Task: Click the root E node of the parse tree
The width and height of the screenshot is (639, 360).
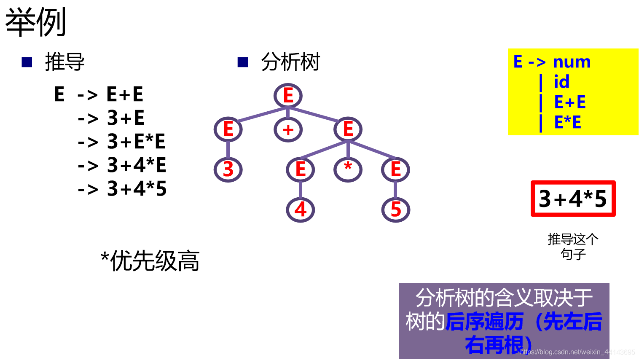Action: tap(288, 96)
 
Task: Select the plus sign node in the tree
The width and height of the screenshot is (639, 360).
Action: tap(288, 129)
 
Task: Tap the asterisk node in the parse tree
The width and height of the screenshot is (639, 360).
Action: tap(348, 169)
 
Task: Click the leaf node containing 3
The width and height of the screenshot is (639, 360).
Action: tap(228, 169)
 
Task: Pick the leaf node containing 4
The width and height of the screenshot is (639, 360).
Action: tap(300, 210)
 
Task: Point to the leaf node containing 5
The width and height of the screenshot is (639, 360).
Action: tap(395, 210)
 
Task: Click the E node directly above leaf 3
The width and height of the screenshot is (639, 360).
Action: tap(228, 129)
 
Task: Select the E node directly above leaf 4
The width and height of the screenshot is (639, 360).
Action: tap(300, 169)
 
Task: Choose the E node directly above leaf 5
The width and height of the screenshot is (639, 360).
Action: tap(395, 169)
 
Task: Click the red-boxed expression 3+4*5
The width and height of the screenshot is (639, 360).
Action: tap(573, 199)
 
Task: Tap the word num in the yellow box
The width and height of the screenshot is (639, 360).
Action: tap(572, 62)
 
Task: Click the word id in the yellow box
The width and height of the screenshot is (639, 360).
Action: tap(561, 82)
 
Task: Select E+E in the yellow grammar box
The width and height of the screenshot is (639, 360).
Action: tap(570, 102)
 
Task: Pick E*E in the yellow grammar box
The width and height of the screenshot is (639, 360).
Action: tap(568, 122)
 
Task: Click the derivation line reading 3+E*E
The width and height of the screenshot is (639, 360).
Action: tap(136, 141)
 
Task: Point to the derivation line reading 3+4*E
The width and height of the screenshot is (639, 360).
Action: tap(136, 165)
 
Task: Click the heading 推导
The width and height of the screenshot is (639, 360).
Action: tap(64, 62)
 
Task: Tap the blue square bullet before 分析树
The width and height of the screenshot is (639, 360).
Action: tap(243, 62)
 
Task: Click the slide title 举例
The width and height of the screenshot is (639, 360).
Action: tap(35, 22)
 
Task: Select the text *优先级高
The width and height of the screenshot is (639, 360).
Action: tap(150, 261)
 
